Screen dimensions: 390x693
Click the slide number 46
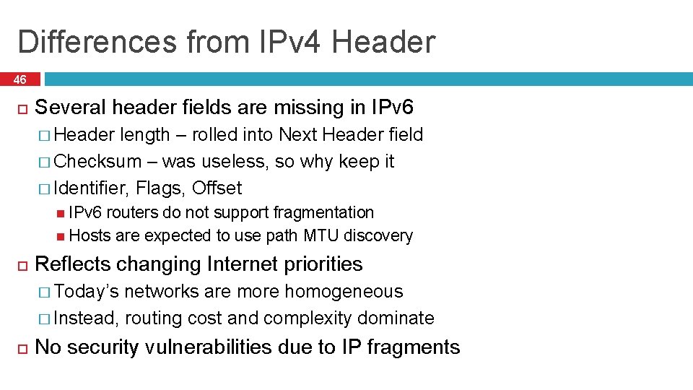[19, 79]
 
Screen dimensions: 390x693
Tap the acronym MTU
[321, 235]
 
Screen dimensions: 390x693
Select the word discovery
[379, 235]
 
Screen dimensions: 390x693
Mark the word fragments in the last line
[413, 347]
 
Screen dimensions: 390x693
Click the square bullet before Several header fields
[22, 108]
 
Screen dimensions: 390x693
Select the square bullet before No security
[22, 347]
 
